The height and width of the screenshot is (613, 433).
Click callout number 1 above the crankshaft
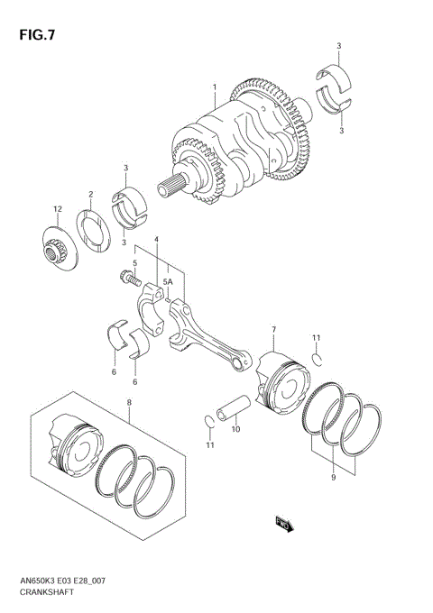[x=215, y=87]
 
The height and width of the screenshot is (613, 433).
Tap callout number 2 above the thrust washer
[x=91, y=194]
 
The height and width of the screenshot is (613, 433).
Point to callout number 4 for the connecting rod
[x=156, y=240]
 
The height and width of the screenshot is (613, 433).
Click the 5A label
[x=167, y=282]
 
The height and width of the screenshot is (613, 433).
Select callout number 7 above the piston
[x=272, y=331]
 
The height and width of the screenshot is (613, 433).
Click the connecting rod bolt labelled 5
[x=124, y=279]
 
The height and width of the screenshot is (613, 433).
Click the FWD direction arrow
[x=282, y=523]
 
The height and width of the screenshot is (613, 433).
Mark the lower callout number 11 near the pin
[x=209, y=444]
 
